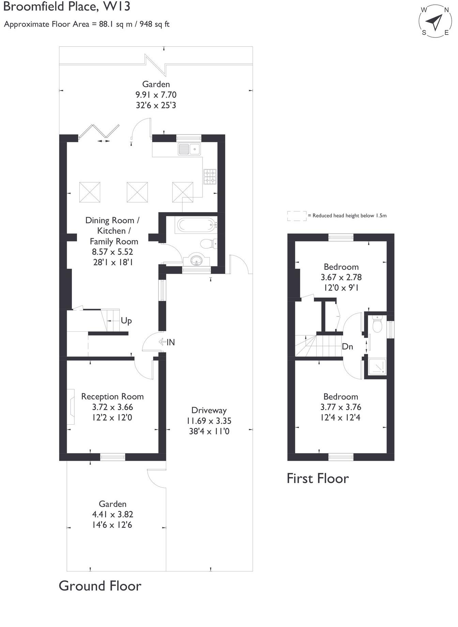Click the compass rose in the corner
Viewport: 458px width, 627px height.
(435, 21)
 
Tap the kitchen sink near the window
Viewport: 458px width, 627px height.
(189, 149)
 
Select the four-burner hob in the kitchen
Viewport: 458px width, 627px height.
(210, 177)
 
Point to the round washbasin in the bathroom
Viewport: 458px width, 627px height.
(196, 261)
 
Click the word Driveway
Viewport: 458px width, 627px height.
(209, 410)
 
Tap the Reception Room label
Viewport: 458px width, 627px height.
(112, 397)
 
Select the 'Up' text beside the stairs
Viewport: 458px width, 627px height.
(126, 321)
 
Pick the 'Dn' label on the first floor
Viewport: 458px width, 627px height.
(347, 347)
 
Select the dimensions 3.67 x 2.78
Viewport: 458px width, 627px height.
(341, 277)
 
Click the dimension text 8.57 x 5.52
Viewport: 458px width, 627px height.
(112, 252)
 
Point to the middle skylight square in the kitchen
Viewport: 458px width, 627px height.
(137, 192)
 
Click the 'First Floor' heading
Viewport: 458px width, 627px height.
(318, 479)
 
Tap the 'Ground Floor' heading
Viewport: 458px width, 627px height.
(100, 586)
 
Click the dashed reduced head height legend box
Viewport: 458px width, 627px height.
(296, 216)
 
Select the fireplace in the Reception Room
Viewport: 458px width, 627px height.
(71, 407)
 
